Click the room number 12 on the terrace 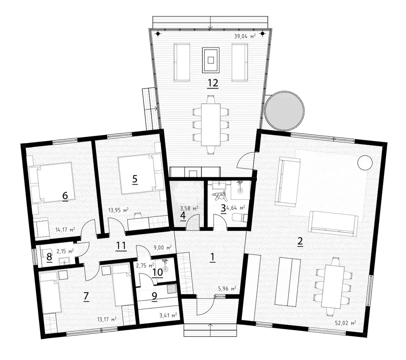[213, 83]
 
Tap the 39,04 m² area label [245, 36]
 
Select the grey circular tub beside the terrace [285, 111]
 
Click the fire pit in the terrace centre [211, 60]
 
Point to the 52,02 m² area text [345, 323]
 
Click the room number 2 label [300, 242]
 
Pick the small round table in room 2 [365, 163]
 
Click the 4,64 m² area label [235, 208]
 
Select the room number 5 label [135, 179]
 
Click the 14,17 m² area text [65, 229]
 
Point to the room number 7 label [86, 297]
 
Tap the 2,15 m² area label [65, 251]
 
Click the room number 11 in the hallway [121, 246]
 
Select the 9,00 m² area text [162, 248]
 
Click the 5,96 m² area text [227, 288]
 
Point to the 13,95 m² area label [118, 210]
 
